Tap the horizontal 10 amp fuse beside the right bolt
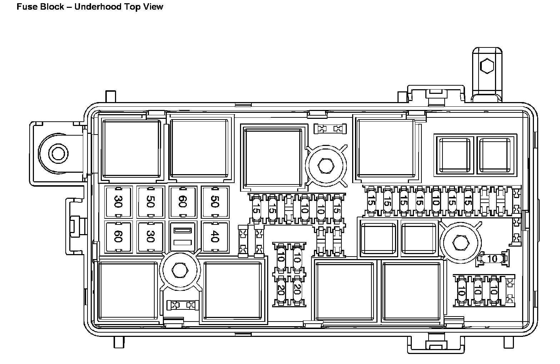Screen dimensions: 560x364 pyautogui.click(x=492, y=259)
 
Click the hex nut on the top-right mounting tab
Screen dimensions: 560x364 pyautogui.click(x=486, y=66)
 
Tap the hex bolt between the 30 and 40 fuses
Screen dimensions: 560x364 pyautogui.click(x=178, y=270)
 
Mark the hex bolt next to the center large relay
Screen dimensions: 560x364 pyautogui.click(x=325, y=165)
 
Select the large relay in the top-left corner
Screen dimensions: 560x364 pyautogui.click(x=131, y=148)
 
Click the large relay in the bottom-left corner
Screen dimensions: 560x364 pyautogui.click(x=128, y=291)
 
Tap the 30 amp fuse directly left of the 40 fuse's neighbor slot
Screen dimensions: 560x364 pyautogui.click(x=150, y=237)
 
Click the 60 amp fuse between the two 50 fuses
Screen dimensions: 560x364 pyautogui.click(x=183, y=202)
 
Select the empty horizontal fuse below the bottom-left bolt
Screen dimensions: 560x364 pyautogui.click(x=183, y=305)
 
